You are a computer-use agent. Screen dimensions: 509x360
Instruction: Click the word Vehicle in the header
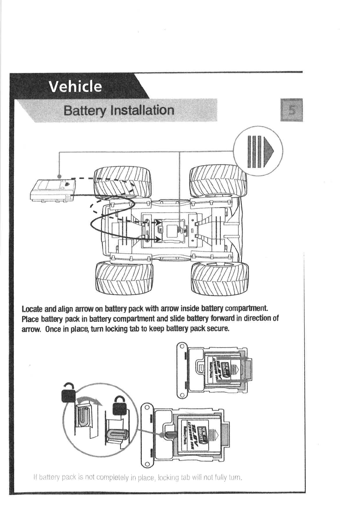(75, 87)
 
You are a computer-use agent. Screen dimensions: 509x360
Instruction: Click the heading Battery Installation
(119, 110)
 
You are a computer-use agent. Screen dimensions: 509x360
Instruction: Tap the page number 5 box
(292, 110)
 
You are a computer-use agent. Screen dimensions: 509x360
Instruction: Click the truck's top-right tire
(217, 181)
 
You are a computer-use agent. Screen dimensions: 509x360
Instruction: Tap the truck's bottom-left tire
(124, 278)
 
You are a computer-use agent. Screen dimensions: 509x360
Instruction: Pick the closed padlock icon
(120, 406)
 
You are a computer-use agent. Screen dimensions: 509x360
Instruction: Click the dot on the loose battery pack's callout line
(60, 176)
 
